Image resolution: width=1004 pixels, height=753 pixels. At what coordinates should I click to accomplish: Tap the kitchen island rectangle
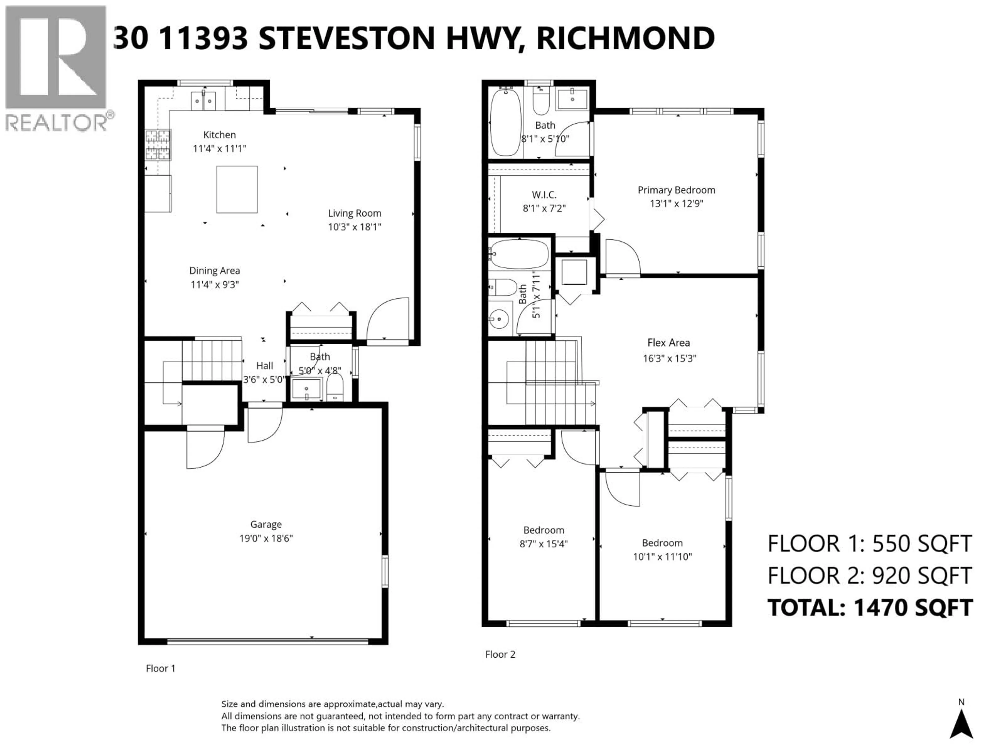tap(237, 189)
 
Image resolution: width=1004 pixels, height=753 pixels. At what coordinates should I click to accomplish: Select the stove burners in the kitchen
tap(157, 144)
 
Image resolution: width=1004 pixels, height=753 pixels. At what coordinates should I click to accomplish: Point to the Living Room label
tap(355, 213)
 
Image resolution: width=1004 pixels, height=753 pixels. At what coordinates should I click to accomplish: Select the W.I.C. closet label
tap(544, 195)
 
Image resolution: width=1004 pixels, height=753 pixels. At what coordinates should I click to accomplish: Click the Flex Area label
tap(669, 343)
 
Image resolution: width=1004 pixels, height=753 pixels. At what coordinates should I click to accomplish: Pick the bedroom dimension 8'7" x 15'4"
tap(543, 544)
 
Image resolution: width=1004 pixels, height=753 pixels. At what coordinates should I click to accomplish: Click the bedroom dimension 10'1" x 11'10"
tap(662, 556)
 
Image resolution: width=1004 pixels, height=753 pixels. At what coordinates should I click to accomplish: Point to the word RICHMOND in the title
tap(625, 39)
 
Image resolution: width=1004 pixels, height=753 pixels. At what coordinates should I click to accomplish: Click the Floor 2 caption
tap(500, 654)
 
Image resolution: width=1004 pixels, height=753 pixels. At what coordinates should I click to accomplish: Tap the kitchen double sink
tap(203, 100)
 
